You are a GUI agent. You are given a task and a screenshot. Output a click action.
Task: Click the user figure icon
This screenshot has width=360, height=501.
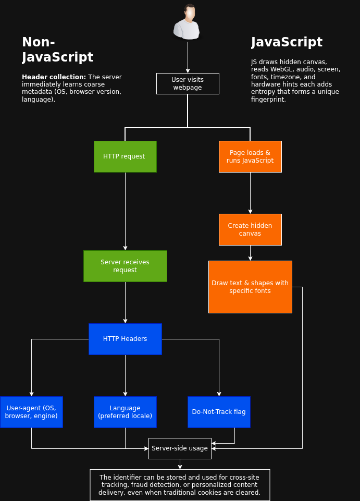click(x=188, y=22)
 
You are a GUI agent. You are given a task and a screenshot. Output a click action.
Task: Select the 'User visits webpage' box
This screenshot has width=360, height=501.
click(x=188, y=84)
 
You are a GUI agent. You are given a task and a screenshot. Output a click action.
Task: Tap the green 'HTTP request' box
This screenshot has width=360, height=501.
click(x=125, y=156)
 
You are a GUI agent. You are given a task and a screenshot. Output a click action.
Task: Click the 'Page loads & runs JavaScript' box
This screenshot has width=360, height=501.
click(x=250, y=156)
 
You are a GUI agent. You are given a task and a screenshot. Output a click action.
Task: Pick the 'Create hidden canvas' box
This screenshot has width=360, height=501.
click(x=250, y=230)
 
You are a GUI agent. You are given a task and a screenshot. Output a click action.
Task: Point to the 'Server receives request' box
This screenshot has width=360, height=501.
click(x=125, y=266)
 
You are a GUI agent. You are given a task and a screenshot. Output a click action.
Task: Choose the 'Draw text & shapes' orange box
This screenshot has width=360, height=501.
click(x=250, y=287)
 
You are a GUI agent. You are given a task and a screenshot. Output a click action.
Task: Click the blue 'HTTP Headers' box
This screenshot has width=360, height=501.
click(x=125, y=339)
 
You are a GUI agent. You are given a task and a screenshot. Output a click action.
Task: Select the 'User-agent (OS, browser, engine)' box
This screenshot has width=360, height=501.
click(x=31, y=412)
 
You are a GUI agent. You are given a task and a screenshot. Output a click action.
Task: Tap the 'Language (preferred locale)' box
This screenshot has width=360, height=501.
click(x=125, y=412)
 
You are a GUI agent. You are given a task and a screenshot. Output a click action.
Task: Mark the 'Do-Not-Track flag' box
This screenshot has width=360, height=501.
click(x=219, y=412)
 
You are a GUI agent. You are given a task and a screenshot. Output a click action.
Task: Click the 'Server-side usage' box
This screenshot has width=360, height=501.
click(x=180, y=448)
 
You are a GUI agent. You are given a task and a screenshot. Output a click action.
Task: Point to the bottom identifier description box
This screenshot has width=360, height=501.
click(x=180, y=485)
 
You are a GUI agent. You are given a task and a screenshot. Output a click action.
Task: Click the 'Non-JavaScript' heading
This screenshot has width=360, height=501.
click(x=57, y=50)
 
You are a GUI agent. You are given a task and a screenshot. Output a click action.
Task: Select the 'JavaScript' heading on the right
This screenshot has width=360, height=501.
click(x=287, y=42)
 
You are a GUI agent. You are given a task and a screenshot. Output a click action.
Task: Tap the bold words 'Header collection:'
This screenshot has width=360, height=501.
click(x=54, y=77)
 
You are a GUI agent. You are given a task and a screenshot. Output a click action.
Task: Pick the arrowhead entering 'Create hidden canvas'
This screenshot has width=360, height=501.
click(x=250, y=212)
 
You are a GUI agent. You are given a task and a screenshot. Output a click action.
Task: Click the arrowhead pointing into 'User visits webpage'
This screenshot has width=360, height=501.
click(x=188, y=71)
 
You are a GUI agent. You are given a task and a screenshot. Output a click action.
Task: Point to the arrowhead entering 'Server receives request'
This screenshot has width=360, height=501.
click(x=125, y=248)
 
